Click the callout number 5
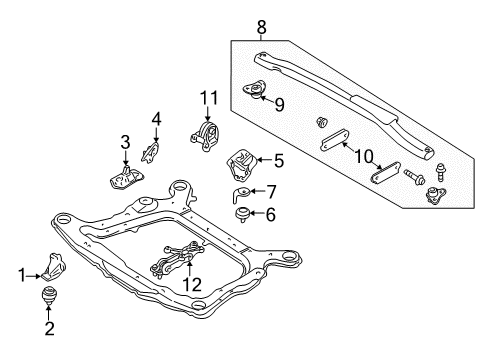(x=278, y=158)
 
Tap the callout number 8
(x=261, y=25)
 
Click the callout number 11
(x=207, y=97)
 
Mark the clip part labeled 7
(x=244, y=191)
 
